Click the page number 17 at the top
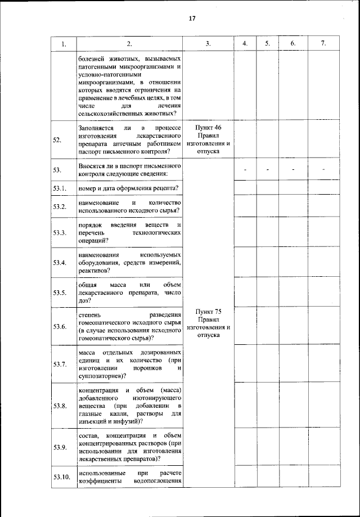[191, 19]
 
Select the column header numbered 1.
[64, 44]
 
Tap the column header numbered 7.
[323, 44]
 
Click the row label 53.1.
[60, 187]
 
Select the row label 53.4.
[60, 263]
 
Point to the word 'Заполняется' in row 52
[96, 128]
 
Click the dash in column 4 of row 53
[245, 169]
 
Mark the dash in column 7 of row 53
[323, 169]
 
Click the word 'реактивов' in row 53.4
[93, 271]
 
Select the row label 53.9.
[60, 447]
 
